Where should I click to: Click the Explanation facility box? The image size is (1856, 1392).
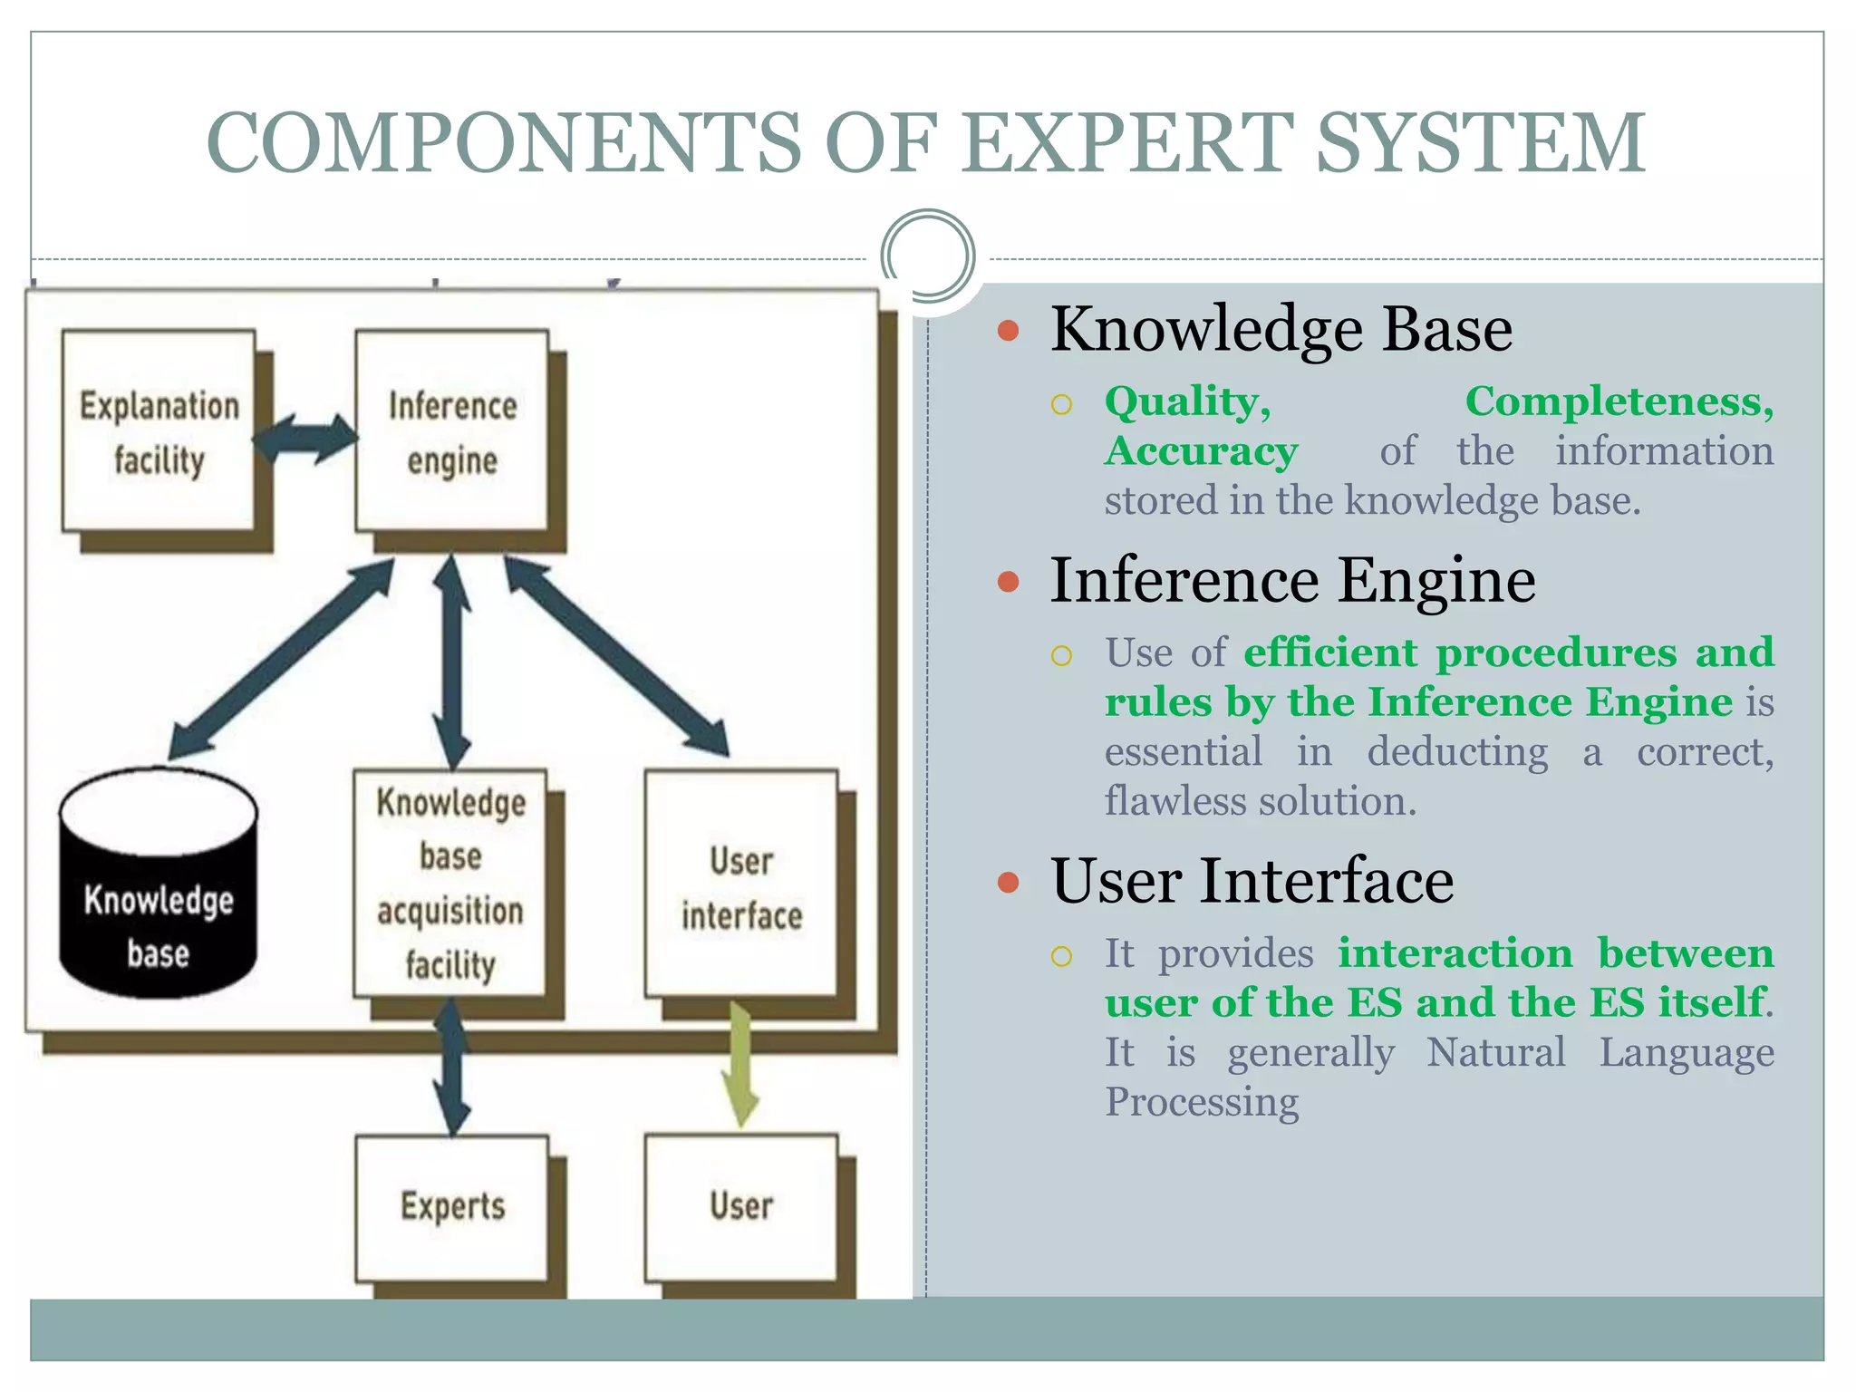click(159, 430)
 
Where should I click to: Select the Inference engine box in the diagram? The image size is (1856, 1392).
click(451, 430)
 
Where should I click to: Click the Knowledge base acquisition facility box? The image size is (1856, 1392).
click(450, 884)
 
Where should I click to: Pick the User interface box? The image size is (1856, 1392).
click(741, 884)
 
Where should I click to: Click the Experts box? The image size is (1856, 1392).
click(452, 1207)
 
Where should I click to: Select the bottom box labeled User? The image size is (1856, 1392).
click(741, 1207)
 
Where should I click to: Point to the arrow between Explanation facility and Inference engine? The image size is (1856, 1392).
click(304, 440)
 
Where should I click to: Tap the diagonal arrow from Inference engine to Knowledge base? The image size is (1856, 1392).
click(281, 660)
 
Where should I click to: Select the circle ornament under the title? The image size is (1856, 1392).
click(927, 256)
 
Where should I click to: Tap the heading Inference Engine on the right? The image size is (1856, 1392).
click(1292, 580)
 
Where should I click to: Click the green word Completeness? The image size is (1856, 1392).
click(1619, 401)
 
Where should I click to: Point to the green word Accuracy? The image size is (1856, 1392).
click(1201, 451)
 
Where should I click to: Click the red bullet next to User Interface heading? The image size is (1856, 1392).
click(1008, 882)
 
